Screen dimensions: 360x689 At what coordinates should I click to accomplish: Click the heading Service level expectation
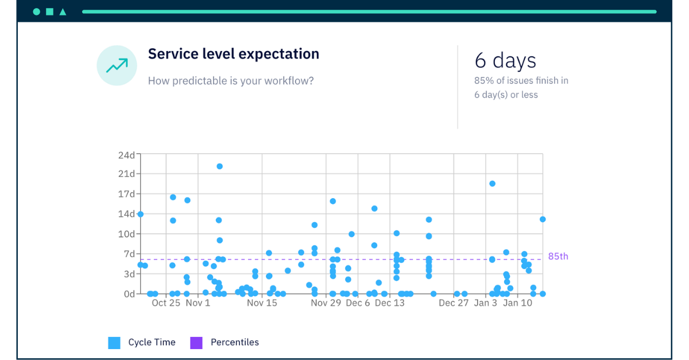[x=233, y=54]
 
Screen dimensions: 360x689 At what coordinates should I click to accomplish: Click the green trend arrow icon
[x=117, y=65]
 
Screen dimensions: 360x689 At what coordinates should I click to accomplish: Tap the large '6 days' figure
[x=505, y=60]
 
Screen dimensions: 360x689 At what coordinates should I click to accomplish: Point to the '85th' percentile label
[x=558, y=257]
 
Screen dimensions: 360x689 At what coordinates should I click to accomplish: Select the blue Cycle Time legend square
[x=114, y=343]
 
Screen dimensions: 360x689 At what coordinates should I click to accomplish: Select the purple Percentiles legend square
[x=196, y=343]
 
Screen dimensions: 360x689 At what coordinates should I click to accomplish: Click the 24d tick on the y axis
[x=126, y=154]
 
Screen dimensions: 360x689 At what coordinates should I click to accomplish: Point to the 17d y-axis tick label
[x=126, y=194]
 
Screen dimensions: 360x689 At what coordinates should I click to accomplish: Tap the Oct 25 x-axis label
[x=166, y=303]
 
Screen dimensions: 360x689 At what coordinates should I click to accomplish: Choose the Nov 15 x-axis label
[x=262, y=303]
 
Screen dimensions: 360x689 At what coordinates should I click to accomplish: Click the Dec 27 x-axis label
[x=454, y=303]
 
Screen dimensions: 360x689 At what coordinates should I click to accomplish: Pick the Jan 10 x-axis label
[x=517, y=303]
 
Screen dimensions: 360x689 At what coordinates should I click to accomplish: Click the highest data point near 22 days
[x=219, y=167]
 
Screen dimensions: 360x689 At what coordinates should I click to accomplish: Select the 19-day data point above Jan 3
[x=492, y=184]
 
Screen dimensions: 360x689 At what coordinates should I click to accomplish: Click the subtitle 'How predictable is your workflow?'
[x=231, y=81]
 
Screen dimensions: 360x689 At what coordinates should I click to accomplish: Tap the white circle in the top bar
[x=37, y=11]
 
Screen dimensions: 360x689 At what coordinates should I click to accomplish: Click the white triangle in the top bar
[x=63, y=11]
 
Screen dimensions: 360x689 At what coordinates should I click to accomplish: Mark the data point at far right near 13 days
[x=543, y=219]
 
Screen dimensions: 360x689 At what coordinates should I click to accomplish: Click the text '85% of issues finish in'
[x=521, y=81]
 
